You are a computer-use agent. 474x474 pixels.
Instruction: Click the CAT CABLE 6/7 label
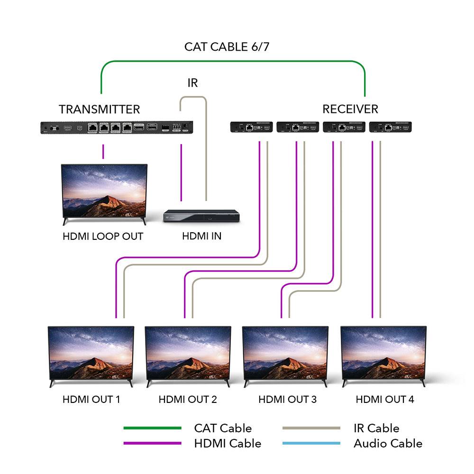tap(227, 47)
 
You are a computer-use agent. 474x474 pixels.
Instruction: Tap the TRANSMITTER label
tap(99, 109)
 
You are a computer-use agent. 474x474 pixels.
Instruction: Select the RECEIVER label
tap(350, 109)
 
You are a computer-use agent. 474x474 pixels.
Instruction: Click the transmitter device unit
tap(116, 128)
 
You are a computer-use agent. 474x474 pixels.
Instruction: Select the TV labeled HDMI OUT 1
tap(91, 355)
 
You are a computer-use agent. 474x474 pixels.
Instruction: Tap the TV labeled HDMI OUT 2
tap(188, 355)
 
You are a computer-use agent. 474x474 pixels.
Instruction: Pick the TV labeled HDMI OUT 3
tap(285, 355)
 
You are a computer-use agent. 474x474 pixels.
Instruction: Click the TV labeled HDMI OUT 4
tap(383, 355)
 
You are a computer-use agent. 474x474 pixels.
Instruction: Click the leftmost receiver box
tap(251, 127)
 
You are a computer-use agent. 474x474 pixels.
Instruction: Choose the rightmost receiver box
tap(390, 127)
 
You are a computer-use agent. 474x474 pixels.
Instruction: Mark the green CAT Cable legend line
tap(152, 428)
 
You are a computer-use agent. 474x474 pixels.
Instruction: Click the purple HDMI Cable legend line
tap(152, 444)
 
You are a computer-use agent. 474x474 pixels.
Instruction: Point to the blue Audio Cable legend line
tap(311, 444)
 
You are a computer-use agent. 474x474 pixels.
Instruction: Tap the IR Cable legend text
tap(376, 428)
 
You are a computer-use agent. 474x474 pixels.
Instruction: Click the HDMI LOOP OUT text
tap(103, 236)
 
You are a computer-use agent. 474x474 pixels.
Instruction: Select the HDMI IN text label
tap(201, 236)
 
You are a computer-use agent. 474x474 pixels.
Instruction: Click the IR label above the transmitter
tap(192, 83)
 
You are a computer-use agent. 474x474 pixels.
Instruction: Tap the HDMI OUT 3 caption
tap(287, 400)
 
